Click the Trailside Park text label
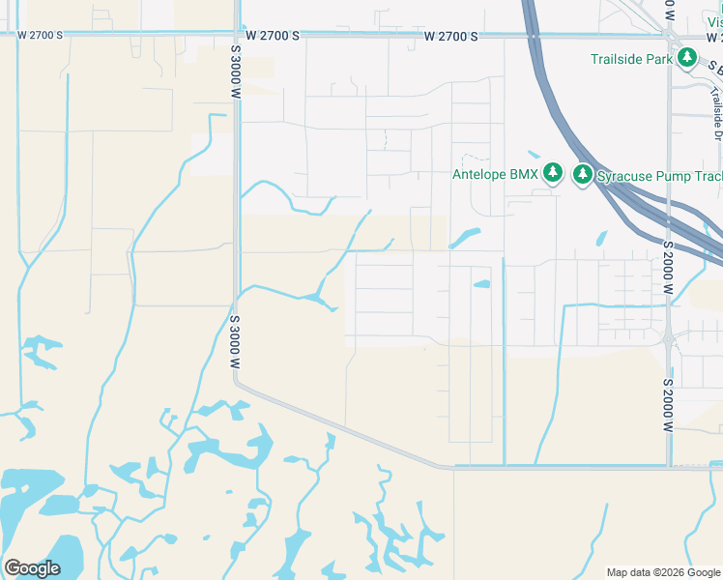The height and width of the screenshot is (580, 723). point(631,59)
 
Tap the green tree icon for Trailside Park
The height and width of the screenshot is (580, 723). point(687,58)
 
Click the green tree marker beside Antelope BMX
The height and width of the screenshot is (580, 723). point(552,174)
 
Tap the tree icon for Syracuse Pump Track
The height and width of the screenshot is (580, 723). point(582,174)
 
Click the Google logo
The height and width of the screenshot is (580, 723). point(32,568)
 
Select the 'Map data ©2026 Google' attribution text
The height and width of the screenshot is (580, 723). point(663,572)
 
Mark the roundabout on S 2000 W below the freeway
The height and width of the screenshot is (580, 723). point(668,338)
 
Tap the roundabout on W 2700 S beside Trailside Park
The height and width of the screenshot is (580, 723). point(670,36)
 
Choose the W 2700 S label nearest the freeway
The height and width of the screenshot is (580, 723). point(450,36)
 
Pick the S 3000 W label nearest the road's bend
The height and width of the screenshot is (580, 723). point(235,342)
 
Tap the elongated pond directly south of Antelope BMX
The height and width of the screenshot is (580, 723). point(465,236)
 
